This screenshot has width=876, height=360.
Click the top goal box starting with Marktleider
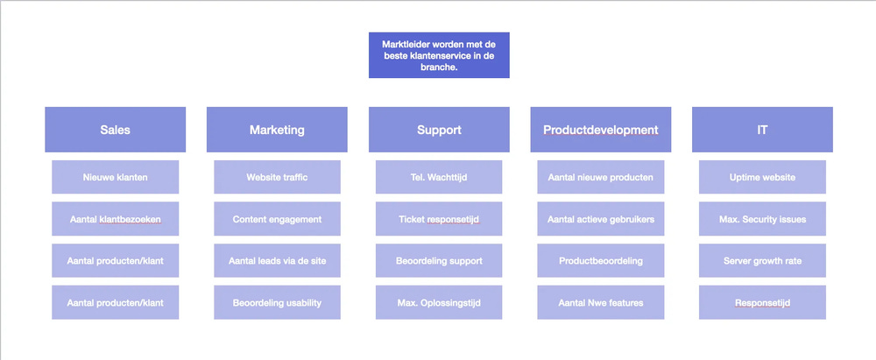pos(439,55)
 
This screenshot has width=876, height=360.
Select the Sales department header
pos(116,130)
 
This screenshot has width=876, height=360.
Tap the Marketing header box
pos(277,130)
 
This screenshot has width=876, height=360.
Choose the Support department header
pos(439,130)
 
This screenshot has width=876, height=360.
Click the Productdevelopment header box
pos(601,130)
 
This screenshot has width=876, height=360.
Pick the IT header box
pos(762,130)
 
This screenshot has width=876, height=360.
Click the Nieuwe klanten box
pos(116,177)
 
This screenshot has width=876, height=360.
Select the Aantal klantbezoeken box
pos(116,219)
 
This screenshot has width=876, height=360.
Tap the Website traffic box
pos(277,177)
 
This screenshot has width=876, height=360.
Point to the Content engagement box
pos(277,219)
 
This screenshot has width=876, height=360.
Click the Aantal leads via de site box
pos(277,260)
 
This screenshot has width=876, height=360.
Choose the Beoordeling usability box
pos(277,302)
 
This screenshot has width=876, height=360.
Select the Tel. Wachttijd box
pos(439,177)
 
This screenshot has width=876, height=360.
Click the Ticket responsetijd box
pos(439,219)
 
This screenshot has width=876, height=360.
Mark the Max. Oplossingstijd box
pos(439,302)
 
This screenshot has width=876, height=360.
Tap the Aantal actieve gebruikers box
pos(601,219)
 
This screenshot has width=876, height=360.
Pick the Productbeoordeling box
pos(601,260)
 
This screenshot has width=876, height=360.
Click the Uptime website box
pos(762,177)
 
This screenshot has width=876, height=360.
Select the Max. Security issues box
pos(762,219)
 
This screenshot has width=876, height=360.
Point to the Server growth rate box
pos(762,260)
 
